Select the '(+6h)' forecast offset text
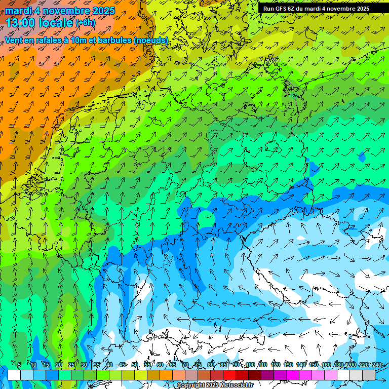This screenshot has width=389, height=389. (x=85, y=23)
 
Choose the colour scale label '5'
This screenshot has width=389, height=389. (x=19, y=365)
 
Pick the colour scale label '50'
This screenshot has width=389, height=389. (x=134, y=365)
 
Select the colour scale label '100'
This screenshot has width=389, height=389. (x=250, y=365)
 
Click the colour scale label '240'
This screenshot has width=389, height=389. (x=377, y=365)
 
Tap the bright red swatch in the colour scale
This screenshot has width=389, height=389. (x=229, y=375)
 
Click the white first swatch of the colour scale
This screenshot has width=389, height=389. (x=14, y=375)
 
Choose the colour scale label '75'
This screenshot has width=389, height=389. (x=198, y=365)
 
